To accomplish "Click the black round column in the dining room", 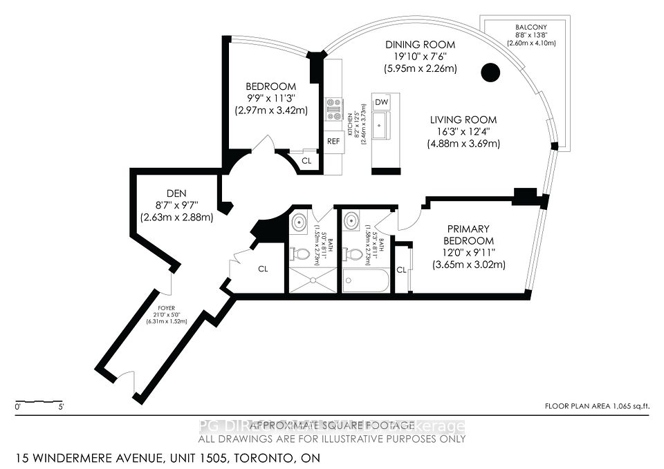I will tap(490, 72).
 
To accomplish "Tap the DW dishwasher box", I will tap(381, 102).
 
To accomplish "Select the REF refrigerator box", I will tap(333, 141).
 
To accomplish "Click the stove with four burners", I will tap(334, 109).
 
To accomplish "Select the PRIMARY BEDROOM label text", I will tap(468, 234).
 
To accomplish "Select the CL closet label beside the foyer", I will tap(263, 269).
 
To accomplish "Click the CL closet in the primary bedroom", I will tap(401, 269).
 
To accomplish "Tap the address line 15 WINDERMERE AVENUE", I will tap(163, 458).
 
